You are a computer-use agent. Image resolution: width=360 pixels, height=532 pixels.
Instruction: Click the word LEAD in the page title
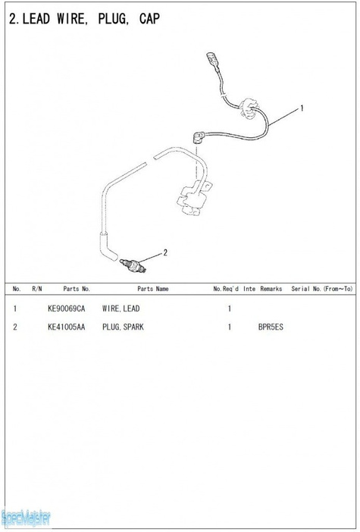36,19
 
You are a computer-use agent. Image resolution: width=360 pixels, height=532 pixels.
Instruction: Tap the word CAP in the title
149,19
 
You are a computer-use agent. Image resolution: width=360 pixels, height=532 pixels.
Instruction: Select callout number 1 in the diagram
302,108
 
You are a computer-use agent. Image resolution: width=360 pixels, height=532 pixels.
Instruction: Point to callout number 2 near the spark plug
165,252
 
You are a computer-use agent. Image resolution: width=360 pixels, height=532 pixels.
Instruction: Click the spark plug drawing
133,264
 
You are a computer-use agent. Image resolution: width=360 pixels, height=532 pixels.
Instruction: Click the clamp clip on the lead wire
249,108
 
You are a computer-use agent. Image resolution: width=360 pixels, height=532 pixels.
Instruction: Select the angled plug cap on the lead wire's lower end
199,137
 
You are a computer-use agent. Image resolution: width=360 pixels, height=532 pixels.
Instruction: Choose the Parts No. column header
77,289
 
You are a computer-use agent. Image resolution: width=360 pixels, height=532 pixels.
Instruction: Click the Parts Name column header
152,289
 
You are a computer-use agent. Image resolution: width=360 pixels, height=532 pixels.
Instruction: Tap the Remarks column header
271,289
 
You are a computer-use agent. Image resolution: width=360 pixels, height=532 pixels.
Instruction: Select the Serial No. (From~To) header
321,289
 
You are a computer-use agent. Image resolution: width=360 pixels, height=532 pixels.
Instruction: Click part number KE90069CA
67,308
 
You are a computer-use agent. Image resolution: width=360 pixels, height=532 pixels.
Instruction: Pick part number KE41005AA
67,327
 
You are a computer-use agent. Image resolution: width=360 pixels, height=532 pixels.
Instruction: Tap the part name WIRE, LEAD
121,308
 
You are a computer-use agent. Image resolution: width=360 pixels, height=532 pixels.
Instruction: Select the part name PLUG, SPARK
123,327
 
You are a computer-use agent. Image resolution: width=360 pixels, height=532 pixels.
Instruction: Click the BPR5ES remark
271,327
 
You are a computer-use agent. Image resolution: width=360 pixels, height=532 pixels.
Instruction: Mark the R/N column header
37,289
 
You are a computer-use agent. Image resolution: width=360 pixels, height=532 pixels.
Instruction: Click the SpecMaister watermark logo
26,518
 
